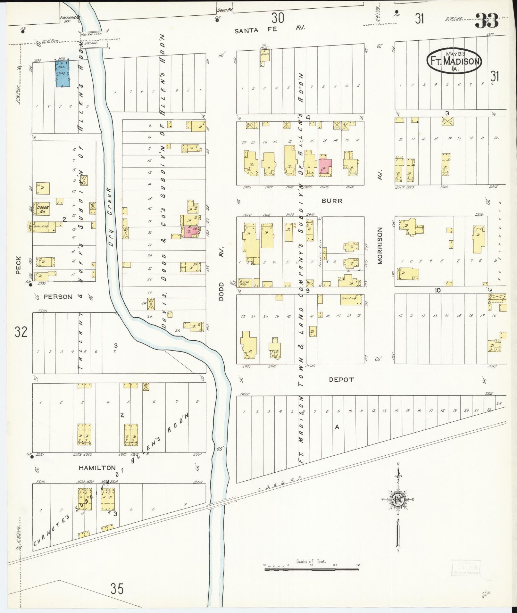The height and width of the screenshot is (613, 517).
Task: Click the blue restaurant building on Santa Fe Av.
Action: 63,74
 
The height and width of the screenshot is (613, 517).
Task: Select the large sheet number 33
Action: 487,21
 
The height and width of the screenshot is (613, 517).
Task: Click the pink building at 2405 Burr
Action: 325,166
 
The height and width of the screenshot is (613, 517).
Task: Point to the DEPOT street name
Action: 341,380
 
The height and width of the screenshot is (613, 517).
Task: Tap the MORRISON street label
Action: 380,245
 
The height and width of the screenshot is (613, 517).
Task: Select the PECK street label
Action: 18,265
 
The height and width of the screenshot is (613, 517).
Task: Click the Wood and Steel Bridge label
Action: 94,38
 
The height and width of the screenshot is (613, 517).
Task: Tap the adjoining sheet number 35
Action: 117,589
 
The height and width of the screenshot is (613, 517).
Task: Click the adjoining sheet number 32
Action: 21,332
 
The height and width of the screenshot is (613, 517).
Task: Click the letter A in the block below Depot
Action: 337,427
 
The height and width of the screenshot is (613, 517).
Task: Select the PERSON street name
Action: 58,297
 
